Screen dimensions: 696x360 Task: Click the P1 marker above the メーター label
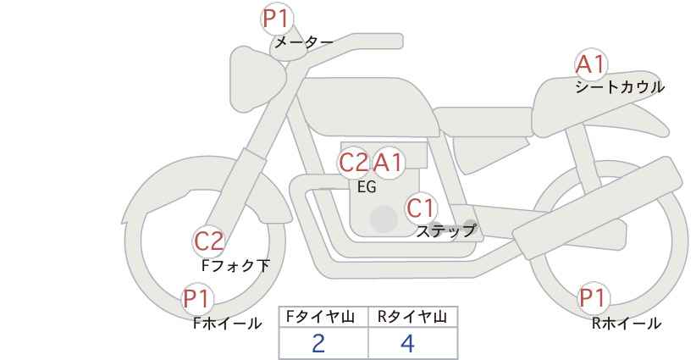pyautogui.click(x=277, y=19)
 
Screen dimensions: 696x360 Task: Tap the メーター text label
pyautogui.click(x=304, y=42)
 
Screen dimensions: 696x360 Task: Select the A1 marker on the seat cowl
pyautogui.click(x=591, y=64)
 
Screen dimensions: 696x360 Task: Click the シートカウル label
pyautogui.click(x=620, y=86)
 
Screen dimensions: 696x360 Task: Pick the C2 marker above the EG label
pyautogui.click(x=353, y=163)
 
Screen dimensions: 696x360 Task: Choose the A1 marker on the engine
pyautogui.click(x=388, y=163)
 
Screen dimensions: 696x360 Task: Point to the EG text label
pyautogui.click(x=367, y=187)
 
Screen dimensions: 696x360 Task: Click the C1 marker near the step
pyautogui.click(x=421, y=208)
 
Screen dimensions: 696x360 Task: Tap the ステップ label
pyautogui.click(x=445, y=231)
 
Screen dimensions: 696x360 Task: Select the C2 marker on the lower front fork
pyautogui.click(x=209, y=241)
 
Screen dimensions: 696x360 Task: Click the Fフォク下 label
pyautogui.click(x=235, y=265)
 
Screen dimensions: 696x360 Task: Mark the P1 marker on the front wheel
pyautogui.click(x=197, y=298)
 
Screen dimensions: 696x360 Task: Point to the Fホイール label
pyautogui.click(x=227, y=324)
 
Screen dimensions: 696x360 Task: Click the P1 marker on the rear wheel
pyautogui.click(x=594, y=298)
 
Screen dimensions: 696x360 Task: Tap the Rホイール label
pyautogui.click(x=627, y=324)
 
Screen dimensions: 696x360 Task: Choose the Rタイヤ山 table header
pyautogui.click(x=412, y=317)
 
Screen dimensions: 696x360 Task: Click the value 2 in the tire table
pyautogui.click(x=318, y=343)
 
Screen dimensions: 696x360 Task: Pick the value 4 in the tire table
pyautogui.click(x=407, y=343)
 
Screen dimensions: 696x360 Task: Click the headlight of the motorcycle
pyautogui.click(x=257, y=80)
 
